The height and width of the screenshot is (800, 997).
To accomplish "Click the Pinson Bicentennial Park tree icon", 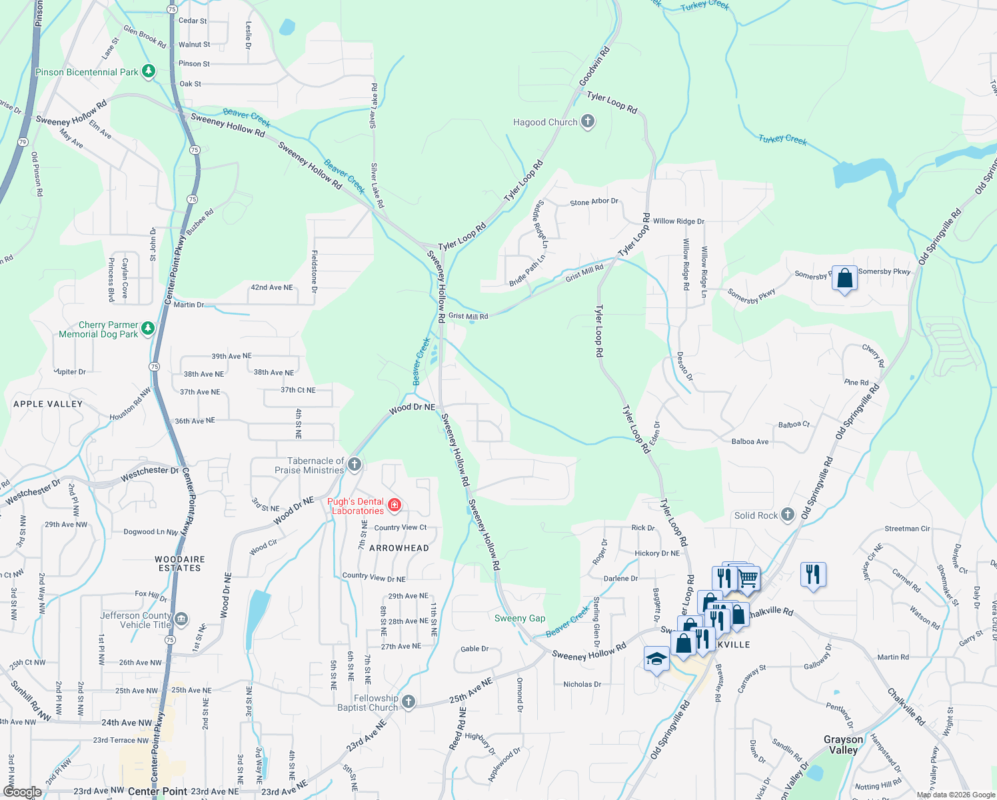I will pos(149,71).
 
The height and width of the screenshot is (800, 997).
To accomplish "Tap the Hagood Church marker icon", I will pos(587,121).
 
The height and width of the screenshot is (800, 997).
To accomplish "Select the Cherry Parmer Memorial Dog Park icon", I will pos(148,328).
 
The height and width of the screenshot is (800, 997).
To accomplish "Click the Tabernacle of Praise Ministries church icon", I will pos(355,465).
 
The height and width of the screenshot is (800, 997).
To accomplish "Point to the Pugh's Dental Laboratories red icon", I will pos(395,505).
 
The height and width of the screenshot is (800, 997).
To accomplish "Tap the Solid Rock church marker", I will pos(788,515).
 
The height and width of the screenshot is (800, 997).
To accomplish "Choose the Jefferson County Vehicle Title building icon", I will pos(181,619).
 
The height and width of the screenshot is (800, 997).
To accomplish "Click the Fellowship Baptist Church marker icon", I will pos(409,701).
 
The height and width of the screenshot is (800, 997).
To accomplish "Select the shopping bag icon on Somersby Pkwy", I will pos(844,278).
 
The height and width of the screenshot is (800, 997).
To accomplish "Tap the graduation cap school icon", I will pos(656,659).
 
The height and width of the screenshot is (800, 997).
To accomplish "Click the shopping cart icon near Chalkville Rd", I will pos(748,578).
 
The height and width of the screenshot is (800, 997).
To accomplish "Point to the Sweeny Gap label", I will pos(520,619).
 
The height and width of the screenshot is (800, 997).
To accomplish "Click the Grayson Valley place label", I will pos(843,745).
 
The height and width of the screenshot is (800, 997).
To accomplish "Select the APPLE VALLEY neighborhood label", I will pos(48,404).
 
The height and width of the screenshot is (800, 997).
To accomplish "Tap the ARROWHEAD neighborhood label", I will pos(399,548).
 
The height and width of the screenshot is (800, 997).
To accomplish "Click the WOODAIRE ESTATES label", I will pos(180,564).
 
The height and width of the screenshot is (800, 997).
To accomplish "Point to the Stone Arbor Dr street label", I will pos(594,202).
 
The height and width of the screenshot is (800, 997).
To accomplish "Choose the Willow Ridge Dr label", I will pos(678,221).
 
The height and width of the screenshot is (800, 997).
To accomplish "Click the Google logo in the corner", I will pos(22,792).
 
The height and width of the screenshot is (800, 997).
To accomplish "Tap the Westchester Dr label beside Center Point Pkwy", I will pos(150,471).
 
